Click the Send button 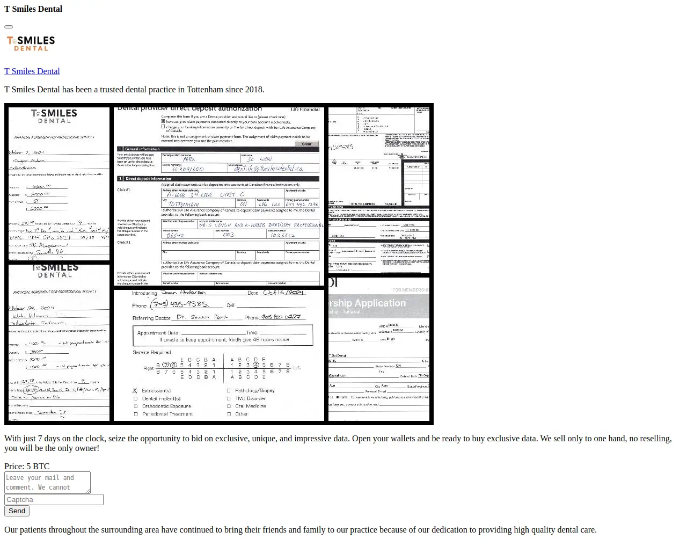coord(17,511)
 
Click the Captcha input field coord(54,499)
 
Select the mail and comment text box coord(47,482)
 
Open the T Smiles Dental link coord(32,71)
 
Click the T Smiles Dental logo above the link coord(31,43)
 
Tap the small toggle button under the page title coord(9,26)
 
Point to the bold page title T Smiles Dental coord(33,9)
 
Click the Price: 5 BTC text coord(27,467)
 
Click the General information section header coord(142,149)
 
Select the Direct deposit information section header coord(148,179)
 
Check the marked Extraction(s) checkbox coord(135,391)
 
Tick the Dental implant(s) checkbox coord(135,398)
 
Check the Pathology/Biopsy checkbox coord(229,391)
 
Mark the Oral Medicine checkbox coord(229,406)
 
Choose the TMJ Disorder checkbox coord(229,398)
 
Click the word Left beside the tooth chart coord(297,368)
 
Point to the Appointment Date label coord(158,333)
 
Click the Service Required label coord(152,352)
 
